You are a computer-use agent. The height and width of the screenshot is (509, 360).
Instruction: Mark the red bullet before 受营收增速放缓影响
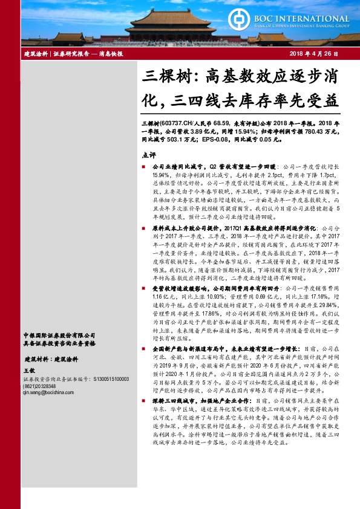(x=143, y=290)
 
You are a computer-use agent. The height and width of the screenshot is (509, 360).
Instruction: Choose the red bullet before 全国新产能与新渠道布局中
(x=143, y=349)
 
